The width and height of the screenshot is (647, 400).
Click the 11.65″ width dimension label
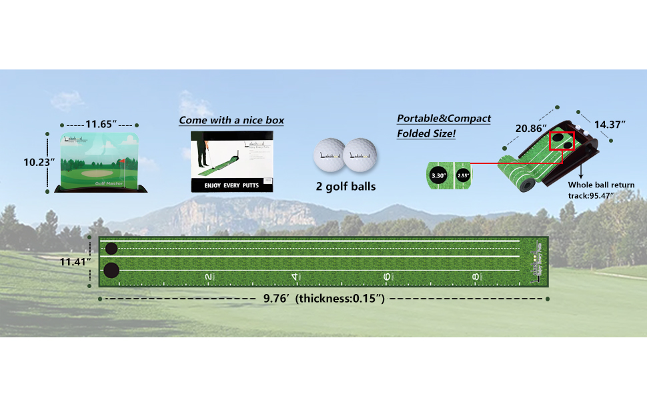pyautogui.click(x=101, y=124)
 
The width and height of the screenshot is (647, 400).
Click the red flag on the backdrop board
pyautogui.click(x=124, y=161)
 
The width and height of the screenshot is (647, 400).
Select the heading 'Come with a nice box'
pyautogui.click(x=231, y=121)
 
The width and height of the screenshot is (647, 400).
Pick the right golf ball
pyautogui.click(x=360, y=155)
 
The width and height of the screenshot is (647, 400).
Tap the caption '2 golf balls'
pyautogui.click(x=346, y=187)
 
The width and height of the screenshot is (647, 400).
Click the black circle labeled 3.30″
pyautogui.click(x=438, y=176)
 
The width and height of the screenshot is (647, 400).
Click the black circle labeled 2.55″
pyautogui.click(x=464, y=176)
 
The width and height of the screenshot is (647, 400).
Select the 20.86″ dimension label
pyautogui.click(x=530, y=127)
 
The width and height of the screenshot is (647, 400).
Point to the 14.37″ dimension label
pyautogui.click(x=612, y=124)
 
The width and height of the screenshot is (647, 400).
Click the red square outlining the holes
pyautogui.click(x=561, y=141)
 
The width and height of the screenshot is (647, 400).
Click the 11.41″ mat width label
pyautogui.click(x=74, y=262)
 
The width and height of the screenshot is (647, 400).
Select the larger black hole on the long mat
pyautogui.click(x=111, y=271)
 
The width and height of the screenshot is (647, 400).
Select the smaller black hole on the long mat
pyautogui.click(x=111, y=249)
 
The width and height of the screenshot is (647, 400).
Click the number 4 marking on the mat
pyautogui.click(x=294, y=276)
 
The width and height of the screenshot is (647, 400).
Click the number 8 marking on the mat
pyautogui.click(x=475, y=276)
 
